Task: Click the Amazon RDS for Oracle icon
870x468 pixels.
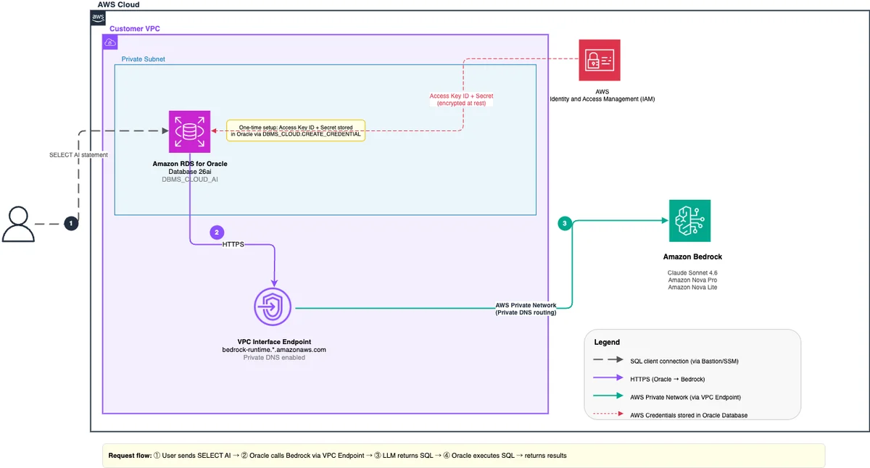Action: [189, 132]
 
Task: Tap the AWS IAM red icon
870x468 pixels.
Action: [600, 60]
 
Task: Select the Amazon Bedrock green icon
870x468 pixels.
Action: [689, 221]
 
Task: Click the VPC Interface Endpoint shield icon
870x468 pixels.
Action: [273, 307]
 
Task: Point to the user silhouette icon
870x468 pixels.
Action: [18, 225]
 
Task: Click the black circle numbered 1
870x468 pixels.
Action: [71, 224]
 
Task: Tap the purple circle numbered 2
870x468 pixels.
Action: [217, 233]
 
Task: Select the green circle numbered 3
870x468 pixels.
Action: [565, 223]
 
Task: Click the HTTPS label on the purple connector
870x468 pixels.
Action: [233, 244]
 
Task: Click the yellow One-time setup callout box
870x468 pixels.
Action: [296, 131]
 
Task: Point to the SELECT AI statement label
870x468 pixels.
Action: [78, 155]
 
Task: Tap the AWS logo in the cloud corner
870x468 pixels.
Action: [98, 18]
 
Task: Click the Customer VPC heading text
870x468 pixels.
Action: [134, 29]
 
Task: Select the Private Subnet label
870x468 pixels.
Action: [143, 59]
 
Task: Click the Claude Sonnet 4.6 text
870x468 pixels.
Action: [692, 273]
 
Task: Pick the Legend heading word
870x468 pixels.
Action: [607, 342]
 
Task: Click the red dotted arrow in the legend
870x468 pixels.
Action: [608, 414]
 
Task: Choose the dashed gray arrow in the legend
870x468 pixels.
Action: [608, 360]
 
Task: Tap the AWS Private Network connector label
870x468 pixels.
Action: [526, 309]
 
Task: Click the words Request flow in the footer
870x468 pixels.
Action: [130, 456]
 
